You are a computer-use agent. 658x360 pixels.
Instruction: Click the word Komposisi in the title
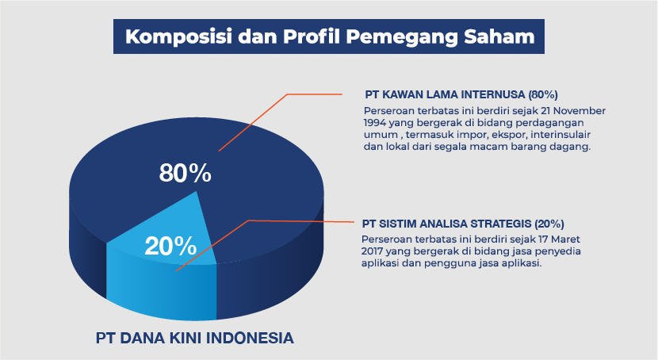178,36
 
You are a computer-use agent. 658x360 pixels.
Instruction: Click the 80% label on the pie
185,173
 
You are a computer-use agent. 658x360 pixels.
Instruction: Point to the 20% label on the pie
170,246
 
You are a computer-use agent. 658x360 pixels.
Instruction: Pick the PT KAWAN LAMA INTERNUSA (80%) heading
461,94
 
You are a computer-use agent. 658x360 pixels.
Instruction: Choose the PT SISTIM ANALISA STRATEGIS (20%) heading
463,224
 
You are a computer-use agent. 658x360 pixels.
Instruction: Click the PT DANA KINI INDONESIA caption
195,338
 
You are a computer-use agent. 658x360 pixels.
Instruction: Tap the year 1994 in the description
375,123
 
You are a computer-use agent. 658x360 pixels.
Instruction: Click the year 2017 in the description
373,251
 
